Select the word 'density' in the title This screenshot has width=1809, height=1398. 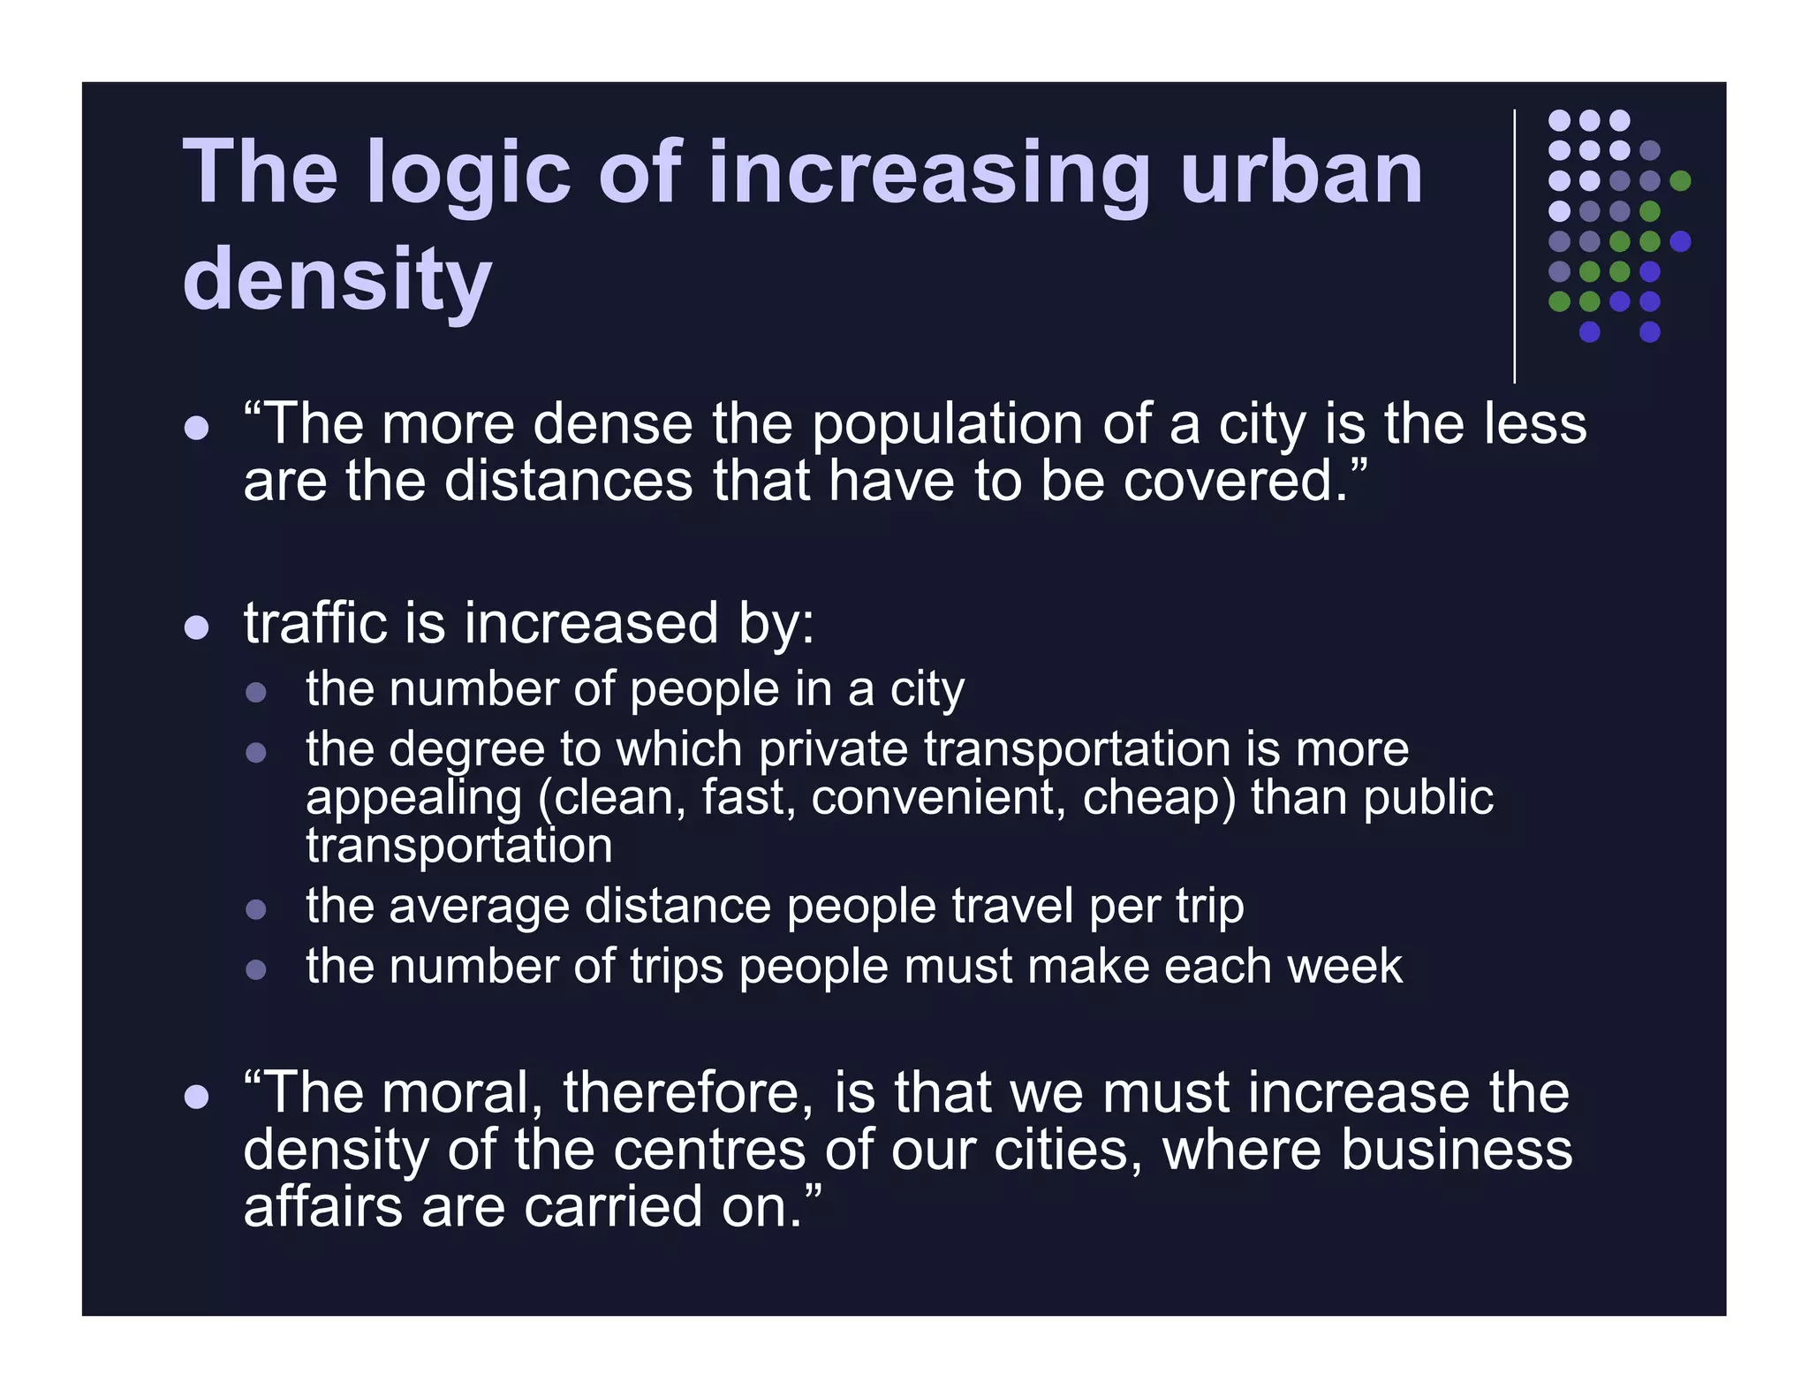pyautogui.click(x=337, y=281)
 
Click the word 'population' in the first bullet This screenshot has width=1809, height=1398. pyautogui.click(x=946, y=426)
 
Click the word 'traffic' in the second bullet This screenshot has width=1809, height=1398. pyautogui.click(x=314, y=623)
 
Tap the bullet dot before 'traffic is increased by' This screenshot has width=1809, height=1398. pyautogui.click(x=196, y=627)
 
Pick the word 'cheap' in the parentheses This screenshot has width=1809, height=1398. pyautogui.click(x=1158, y=798)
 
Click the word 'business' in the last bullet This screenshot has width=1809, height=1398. pyautogui.click(x=1457, y=1150)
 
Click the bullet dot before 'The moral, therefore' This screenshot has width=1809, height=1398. pyautogui.click(x=196, y=1098)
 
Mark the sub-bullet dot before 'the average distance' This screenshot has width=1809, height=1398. pyautogui.click(x=256, y=910)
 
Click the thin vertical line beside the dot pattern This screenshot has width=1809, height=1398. pyautogui.click(x=1515, y=247)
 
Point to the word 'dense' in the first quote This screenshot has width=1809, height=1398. pyautogui.click(x=613, y=424)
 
